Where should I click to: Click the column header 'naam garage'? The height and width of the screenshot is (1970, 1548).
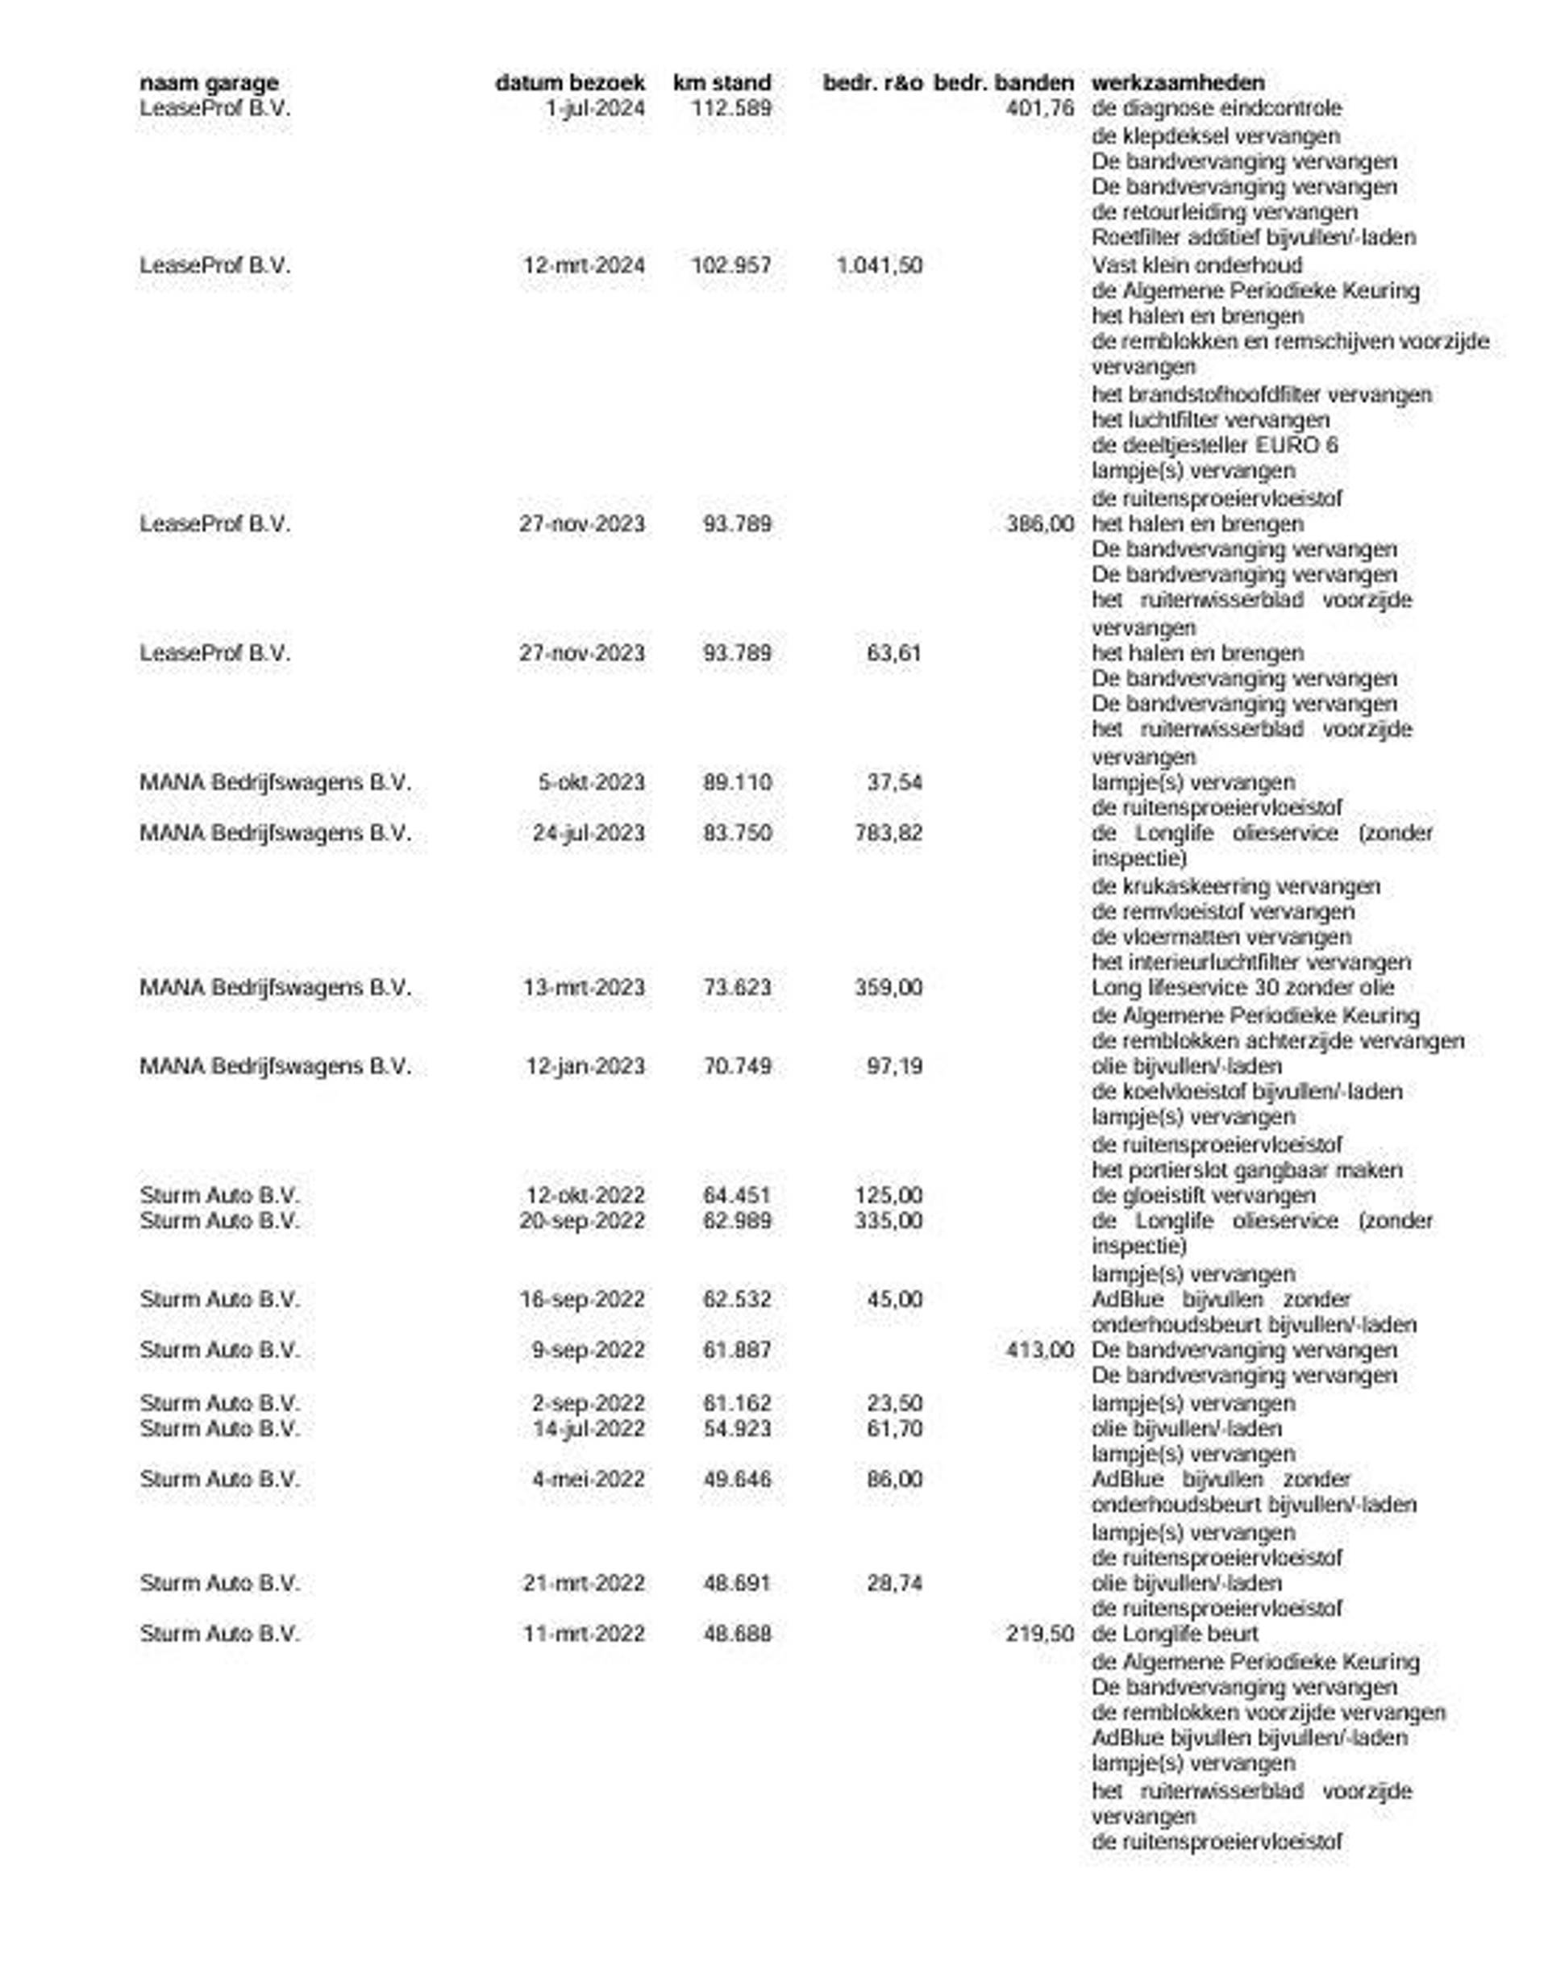[209, 82]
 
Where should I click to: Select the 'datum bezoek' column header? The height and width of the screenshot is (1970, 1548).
[569, 82]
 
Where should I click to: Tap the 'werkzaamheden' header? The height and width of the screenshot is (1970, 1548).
[1177, 82]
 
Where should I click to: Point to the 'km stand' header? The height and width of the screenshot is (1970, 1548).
[722, 82]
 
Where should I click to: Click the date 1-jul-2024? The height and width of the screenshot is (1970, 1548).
[596, 109]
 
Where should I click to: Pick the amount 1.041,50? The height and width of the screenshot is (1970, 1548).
[878, 265]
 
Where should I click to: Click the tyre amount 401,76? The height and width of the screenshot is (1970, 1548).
[1039, 109]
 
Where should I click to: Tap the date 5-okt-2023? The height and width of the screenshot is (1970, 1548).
[591, 782]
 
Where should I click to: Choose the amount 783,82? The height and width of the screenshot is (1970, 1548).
[888, 833]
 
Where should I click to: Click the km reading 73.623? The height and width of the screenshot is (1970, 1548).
[737, 987]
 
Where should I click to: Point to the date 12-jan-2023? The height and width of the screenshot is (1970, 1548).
[585, 1066]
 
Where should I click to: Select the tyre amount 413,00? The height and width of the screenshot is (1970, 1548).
[1039, 1350]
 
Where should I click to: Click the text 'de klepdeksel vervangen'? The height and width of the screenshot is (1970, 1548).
[1215, 136]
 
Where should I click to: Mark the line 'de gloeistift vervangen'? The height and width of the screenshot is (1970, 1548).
[1203, 1195]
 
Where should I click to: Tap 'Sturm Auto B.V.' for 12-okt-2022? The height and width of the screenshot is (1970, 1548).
[218, 1195]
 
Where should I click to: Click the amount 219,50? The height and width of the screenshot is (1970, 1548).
[1039, 1634]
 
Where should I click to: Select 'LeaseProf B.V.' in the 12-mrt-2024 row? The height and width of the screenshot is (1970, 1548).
[214, 265]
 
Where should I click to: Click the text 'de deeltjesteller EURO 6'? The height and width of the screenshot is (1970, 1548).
[1213, 445]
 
